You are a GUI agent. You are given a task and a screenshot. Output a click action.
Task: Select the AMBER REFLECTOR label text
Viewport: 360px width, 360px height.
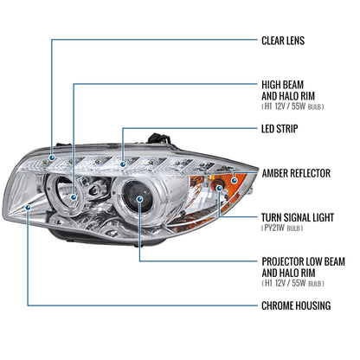click(296, 173)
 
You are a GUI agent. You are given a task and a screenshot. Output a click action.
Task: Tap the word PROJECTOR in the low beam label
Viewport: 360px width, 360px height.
click(284, 260)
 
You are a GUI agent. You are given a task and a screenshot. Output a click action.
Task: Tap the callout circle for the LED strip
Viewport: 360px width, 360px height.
click(124, 162)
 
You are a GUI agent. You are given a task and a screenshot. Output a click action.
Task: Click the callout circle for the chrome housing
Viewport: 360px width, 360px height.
click(29, 208)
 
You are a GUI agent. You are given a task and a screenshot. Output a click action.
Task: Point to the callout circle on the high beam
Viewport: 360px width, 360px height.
click(75, 196)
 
